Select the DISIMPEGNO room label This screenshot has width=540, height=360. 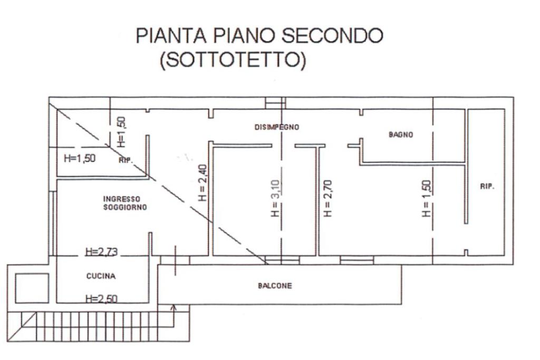pos(277,127)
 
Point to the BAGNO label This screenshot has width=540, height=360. pos(401,134)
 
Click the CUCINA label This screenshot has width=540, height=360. pos(101,276)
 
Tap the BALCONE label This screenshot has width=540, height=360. pos(275,286)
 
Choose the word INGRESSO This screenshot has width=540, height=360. pos(122,199)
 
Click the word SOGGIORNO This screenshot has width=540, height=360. pos(126,208)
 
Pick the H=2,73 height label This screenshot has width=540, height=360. pos(102,252)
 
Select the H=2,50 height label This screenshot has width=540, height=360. pos(101,299)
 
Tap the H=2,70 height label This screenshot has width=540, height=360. pos(327,198)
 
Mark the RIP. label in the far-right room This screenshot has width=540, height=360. pos(487,187)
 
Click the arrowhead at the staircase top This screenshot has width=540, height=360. pos(175,307)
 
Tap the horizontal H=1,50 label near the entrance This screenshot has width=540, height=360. pos(80,157)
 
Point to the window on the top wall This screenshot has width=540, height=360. pos(275,102)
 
